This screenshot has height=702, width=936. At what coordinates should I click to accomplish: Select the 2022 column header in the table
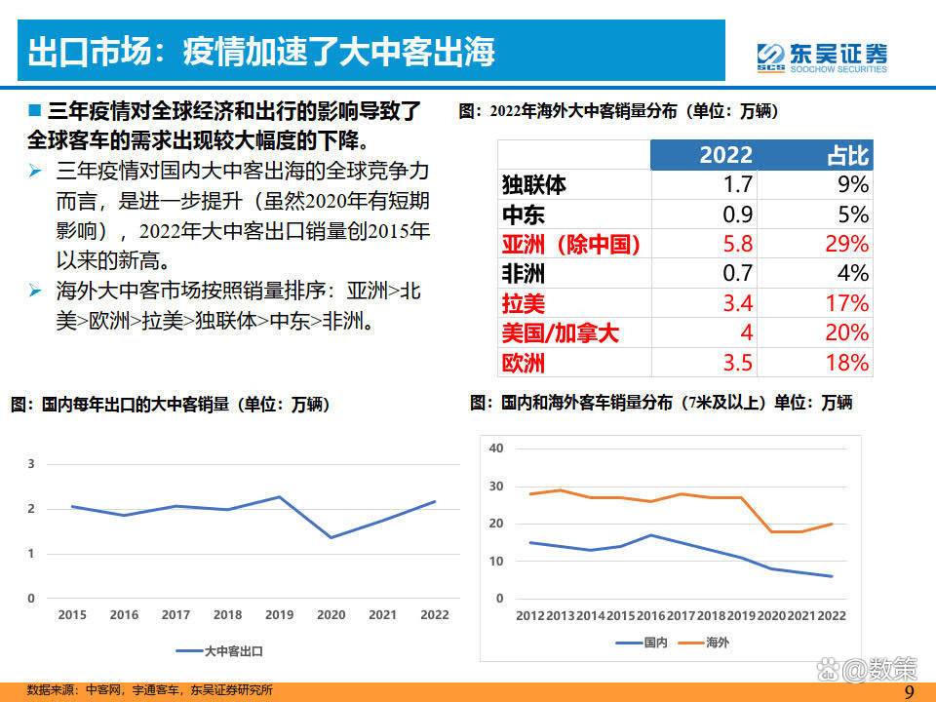tap(725, 155)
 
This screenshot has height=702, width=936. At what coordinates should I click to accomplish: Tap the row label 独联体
tap(533, 184)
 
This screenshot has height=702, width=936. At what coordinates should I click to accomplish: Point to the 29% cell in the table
tap(845, 244)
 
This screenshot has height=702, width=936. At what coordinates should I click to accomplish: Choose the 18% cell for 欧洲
tap(845, 363)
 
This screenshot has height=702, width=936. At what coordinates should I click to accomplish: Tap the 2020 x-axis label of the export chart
tap(331, 615)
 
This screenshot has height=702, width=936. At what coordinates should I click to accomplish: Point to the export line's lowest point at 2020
tap(331, 537)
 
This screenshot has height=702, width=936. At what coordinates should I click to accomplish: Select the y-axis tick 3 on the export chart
tap(31, 464)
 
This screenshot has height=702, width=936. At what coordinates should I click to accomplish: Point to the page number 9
tap(909, 691)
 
